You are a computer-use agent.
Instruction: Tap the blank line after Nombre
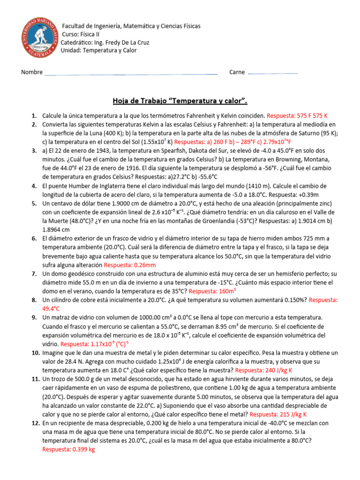click(130, 74)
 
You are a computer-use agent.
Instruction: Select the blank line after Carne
click(272, 74)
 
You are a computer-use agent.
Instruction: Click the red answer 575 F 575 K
click(297, 115)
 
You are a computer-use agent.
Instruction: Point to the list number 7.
click(34, 274)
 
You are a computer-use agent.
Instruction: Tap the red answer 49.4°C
click(51, 308)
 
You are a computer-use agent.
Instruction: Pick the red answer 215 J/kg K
click(278, 414)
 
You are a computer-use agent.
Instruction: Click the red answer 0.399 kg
click(68, 450)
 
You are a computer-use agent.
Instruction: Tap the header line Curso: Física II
click(81, 34)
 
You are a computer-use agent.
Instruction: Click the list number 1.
click(34, 115)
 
